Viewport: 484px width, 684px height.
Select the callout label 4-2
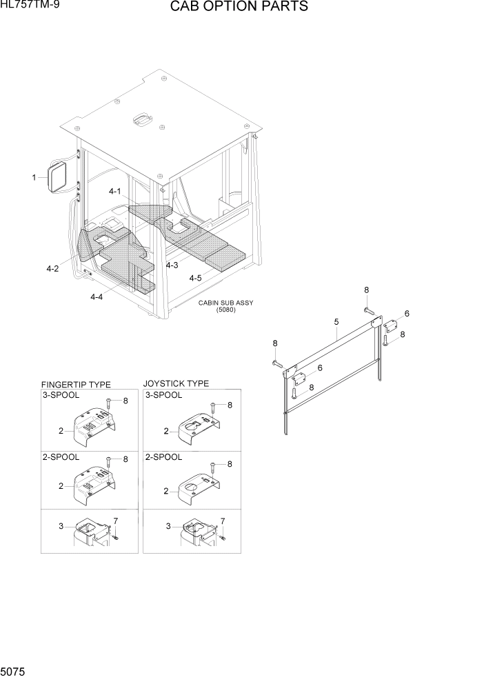pos(52,269)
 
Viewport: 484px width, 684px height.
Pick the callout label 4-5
pos(195,278)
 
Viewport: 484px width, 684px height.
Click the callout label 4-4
pos(97,296)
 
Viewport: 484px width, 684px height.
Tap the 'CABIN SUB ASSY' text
pos(225,303)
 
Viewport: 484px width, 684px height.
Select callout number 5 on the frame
pos(336,322)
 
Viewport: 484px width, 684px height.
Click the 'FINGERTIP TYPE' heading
pos(76,385)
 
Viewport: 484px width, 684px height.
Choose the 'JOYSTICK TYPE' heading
pos(176,383)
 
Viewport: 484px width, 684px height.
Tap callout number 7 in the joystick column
pos(222,521)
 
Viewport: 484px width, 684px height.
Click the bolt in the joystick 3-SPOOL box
pos(214,408)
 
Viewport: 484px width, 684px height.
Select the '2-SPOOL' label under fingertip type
pos(61,457)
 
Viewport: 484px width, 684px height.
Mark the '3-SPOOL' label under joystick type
pos(163,395)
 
